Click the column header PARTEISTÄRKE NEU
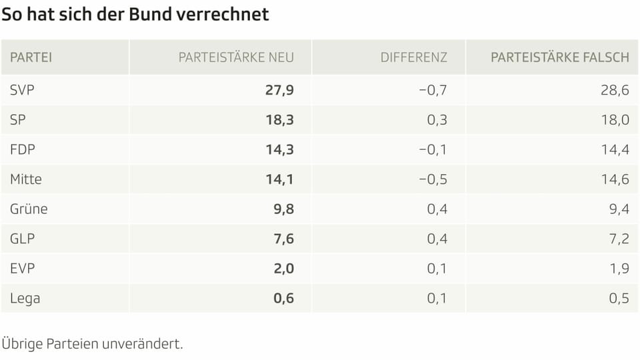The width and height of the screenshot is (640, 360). [236, 57]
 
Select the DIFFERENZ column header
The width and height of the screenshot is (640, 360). [413, 57]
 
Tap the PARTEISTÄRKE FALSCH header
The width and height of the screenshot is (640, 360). [559, 57]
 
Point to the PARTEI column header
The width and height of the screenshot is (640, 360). [31, 57]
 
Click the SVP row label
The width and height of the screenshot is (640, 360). [22, 90]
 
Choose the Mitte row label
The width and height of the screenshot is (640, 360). [25, 179]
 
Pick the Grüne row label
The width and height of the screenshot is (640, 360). [29, 209]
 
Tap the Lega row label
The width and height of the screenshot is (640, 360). [25, 298]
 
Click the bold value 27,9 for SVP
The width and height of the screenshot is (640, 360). [279, 90]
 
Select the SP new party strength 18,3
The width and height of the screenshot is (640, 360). [279, 120]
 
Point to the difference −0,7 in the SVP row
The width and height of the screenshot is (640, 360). [433, 90]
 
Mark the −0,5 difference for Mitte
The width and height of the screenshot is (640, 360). [433, 179]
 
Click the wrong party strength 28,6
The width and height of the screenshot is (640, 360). [615, 90]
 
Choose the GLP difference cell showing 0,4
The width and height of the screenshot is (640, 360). [437, 239]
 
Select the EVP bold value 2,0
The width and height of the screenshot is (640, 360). [283, 269]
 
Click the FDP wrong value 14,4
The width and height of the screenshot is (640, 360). [615, 149]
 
